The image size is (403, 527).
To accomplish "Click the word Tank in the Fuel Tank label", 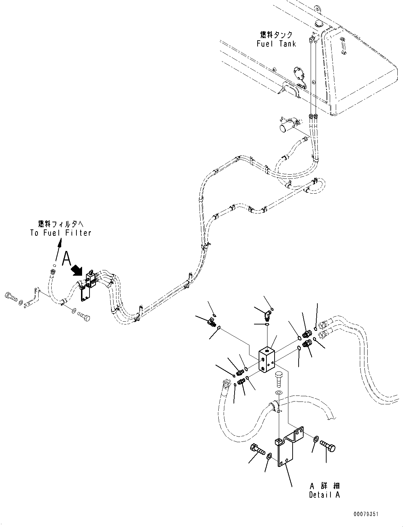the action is (x=287, y=44).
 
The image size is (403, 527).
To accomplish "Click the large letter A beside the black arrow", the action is (x=67, y=258).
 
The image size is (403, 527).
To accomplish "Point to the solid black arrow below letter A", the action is (x=77, y=270).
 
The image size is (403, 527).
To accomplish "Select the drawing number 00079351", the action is (x=366, y=514).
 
